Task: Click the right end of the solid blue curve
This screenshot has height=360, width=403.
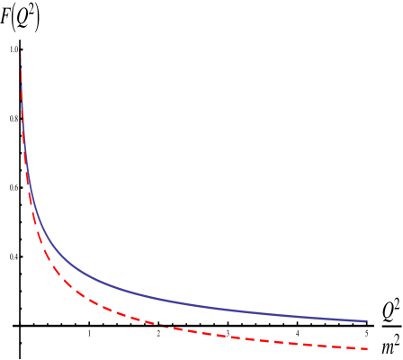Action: [x=366, y=320]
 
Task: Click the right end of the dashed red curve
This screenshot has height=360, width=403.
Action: [x=367, y=348]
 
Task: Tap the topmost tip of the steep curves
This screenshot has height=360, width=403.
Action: [x=21, y=54]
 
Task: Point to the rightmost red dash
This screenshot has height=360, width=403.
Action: [x=361, y=347]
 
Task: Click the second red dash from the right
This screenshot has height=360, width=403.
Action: [x=338, y=346]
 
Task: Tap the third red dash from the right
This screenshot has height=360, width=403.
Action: [x=316, y=344]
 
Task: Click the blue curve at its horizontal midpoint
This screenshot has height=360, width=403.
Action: [x=193, y=304]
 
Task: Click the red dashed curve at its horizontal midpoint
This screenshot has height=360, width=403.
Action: [x=193, y=331]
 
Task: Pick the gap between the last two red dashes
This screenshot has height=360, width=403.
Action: [x=350, y=346]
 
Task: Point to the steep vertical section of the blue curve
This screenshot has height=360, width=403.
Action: [x=23, y=135]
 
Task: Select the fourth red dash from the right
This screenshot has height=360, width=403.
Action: [x=293, y=342]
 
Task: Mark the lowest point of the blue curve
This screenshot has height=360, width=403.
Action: [x=366, y=320]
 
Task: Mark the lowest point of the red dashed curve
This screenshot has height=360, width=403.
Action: [x=367, y=348]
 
